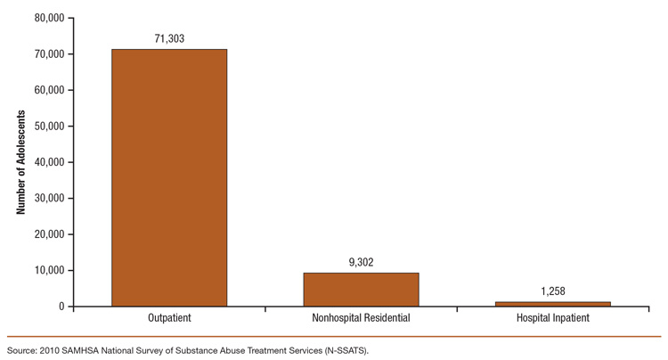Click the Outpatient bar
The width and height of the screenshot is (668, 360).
[x=169, y=177]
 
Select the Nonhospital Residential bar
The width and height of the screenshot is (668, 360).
[x=361, y=290]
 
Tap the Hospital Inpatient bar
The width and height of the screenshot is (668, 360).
[x=553, y=304]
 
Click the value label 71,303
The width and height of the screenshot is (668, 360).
[x=169, y=39]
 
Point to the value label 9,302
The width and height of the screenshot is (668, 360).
[x=361, y=263]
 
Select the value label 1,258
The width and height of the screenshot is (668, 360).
[x=553, y=291]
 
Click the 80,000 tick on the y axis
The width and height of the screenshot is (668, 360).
[x=48, y=18]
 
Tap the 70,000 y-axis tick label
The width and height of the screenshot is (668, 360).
[x=48, y=54]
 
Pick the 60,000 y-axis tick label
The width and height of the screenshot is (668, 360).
[x=48, y=90]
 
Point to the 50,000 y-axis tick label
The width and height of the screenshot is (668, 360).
[x=48, y=127]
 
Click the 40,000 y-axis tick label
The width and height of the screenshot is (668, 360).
[x=48, y=162]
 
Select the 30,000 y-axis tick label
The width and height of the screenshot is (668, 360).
[x=48, y=199]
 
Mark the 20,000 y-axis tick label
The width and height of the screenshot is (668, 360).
[x=48, y=234]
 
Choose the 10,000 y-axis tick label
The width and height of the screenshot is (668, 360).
[x=48, y=271]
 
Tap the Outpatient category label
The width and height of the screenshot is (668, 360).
[x=169, y=318]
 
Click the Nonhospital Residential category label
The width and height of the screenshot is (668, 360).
[x=361, y=318]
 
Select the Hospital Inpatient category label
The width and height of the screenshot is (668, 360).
[x=553, y=318]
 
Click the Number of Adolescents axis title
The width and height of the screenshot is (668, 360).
[x=19, y=162]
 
